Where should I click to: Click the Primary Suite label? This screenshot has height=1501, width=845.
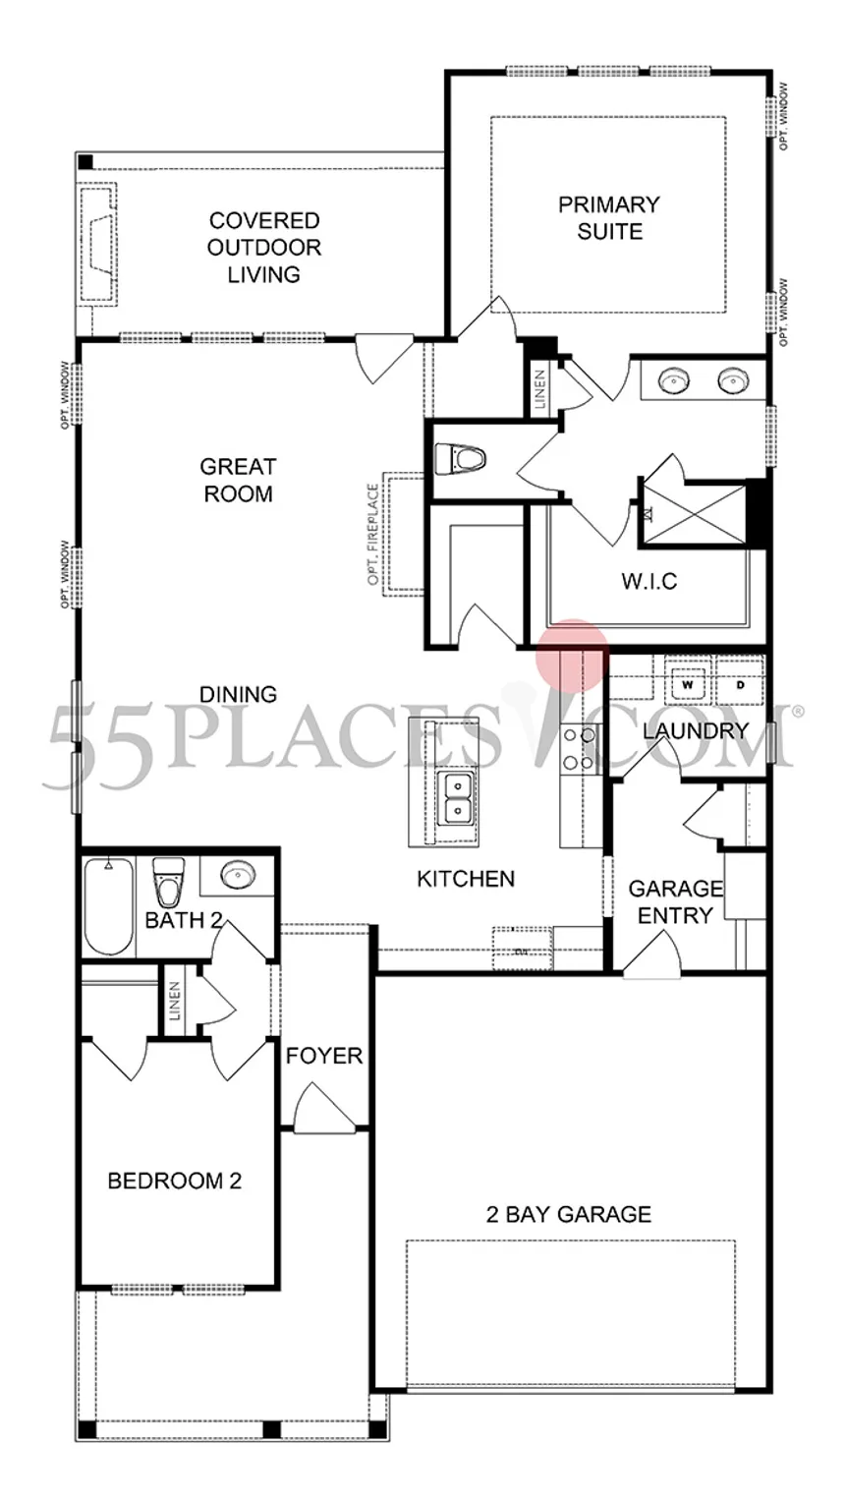tap(608, 218)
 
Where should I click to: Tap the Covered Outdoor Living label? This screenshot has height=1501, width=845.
tap(264, 248)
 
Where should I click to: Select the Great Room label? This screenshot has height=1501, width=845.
tap(238, 480)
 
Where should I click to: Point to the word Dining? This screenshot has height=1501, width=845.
tap(238, 694)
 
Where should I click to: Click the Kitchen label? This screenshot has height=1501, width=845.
tap(466, 878)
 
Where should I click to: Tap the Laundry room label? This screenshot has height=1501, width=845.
tap(695, 731)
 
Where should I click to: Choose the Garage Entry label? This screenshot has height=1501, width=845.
tap(675, 901)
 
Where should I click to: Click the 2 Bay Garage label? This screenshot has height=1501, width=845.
tap(568, 1214)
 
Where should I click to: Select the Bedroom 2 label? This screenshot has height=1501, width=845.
tap(174, 1181)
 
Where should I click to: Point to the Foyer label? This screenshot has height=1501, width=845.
tap(324, 1056)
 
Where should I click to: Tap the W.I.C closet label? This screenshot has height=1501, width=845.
tap(648, 581)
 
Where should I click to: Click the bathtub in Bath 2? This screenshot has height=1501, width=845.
tap(107, 906)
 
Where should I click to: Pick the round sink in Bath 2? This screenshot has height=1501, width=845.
tap(236, 874)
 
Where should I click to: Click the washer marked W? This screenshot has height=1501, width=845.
tap(688, 684)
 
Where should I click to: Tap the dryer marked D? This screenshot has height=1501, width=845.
tap(739, 684)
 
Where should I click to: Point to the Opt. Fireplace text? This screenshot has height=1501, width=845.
tap(373, 535)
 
